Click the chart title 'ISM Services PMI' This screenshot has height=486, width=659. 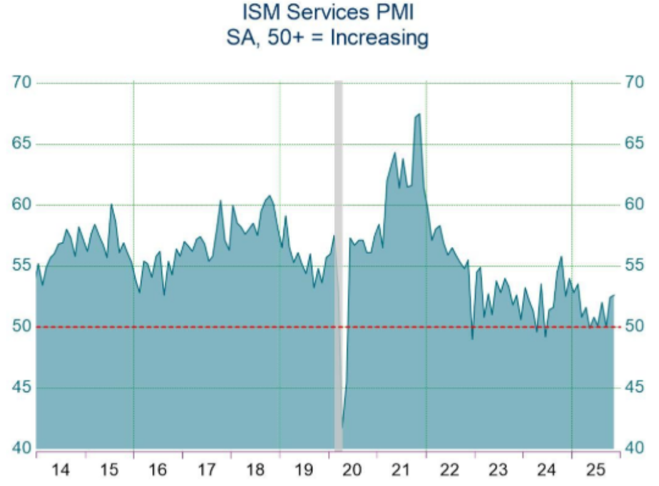tap(328, 12)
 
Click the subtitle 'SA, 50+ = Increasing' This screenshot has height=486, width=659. tap(328, 38)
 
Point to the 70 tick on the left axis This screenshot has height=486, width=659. tap(21, 83)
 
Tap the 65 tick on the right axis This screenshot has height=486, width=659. tap(635, 144)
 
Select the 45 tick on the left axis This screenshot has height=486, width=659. tap(21, 388)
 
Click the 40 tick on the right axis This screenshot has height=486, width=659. tap(635, 449)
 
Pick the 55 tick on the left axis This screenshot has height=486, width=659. tap(21, 266)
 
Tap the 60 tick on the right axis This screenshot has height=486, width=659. tap(635, 205)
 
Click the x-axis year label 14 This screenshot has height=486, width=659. tap(60, 469)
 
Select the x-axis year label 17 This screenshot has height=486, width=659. tap(207, 469)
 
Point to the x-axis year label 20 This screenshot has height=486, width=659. tap(352, 469)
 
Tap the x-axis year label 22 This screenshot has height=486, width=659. tap(450, 469)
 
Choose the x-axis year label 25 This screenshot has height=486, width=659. tap(596, 469)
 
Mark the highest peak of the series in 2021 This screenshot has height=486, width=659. tap(418, 114)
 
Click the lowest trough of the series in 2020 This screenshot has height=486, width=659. tap(342, 427)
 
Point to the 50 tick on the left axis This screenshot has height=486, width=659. tap(21, 327)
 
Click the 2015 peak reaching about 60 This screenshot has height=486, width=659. tap(111, 205)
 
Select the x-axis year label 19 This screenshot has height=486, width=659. tap(304, 469)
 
